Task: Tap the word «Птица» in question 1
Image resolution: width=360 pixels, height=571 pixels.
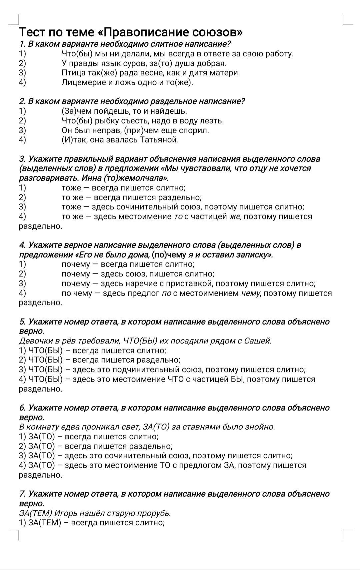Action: click(x=72, y=73)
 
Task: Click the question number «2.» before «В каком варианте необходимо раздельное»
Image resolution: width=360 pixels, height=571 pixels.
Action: click(x=22, y=101)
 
